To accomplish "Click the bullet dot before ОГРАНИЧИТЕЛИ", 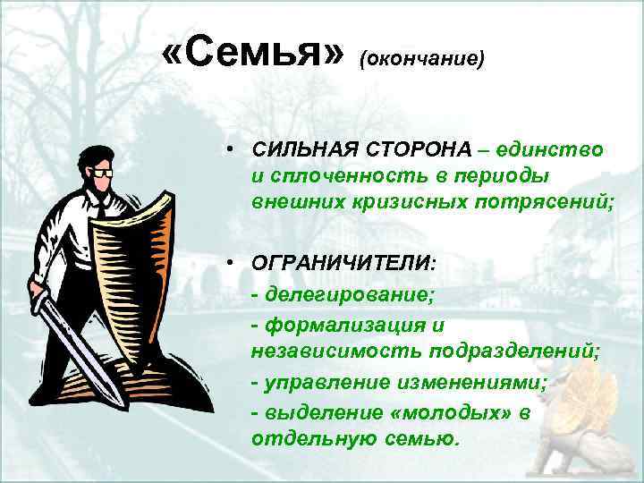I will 231,263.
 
